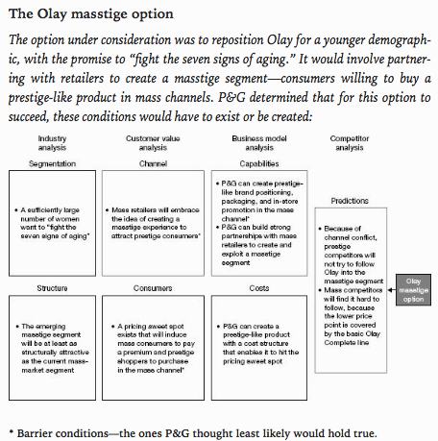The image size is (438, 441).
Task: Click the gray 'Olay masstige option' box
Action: click(413, 290)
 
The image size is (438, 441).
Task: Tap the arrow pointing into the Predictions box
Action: click(392, 290)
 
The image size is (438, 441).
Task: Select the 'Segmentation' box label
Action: click(52, 163)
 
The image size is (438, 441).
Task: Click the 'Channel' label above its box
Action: click(153, 163)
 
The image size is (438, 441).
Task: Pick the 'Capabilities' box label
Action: click(259, 163)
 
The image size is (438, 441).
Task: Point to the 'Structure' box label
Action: click(52, 288)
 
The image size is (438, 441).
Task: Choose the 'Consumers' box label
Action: click(153, 288)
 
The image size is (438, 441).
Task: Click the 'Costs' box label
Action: click(259, 288)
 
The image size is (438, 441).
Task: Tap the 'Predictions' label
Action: click(350, 201)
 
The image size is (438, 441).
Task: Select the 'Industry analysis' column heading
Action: click(52, 143)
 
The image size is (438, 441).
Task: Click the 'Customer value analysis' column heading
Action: click(153, 143)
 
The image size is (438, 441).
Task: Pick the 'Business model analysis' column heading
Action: click(259, 143)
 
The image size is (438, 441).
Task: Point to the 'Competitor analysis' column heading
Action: click(350, 143)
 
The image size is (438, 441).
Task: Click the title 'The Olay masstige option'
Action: click(91, 14)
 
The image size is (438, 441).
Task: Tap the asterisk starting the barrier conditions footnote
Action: click(12, 432)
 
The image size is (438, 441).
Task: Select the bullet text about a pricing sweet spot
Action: click(154, 348)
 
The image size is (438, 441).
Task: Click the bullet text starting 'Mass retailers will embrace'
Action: click(153, 223)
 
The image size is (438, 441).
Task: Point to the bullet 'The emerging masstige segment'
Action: click(53, 348)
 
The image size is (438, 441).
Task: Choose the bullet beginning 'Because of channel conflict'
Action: click(351, 255)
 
